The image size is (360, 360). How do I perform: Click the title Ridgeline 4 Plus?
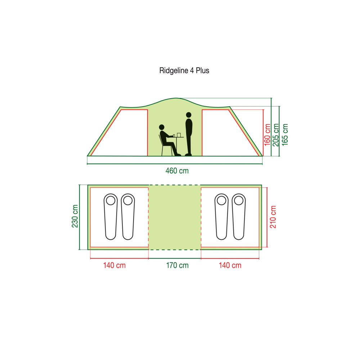[x=184, y=71]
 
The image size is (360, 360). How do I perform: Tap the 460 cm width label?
[x=177, y=171]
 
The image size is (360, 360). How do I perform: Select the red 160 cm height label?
[x=267, y=135]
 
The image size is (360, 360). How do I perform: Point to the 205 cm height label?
[x=275, y=135]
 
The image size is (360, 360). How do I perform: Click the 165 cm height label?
[x=285, y=135]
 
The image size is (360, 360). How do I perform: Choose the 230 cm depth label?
[x=75, y=216]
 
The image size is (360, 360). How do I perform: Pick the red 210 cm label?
[x=273, y=217]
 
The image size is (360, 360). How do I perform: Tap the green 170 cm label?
[x=177, y=265]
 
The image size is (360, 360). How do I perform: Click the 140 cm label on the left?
[x=114, y=265]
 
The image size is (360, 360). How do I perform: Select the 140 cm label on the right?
[x=230, y=265]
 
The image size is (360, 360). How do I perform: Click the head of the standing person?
[x=189, y=115]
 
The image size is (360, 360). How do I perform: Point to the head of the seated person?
[x=162, y=127]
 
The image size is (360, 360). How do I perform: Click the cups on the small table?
[x=177, y=135]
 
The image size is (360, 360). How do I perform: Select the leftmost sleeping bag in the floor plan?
[x=111, y=217]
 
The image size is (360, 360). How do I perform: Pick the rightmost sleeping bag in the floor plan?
[x=239, y=217]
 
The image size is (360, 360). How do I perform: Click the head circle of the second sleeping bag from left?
[x=128, y=201]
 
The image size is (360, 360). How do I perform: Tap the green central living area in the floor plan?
[x=175, y=217]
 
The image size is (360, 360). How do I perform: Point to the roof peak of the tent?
[x=176, y=98]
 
